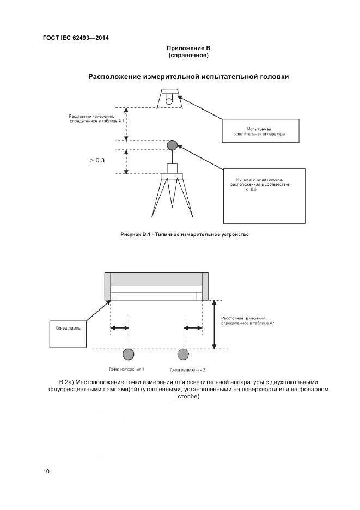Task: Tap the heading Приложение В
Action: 188,48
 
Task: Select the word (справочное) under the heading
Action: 188,55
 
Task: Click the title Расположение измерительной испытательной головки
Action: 188,77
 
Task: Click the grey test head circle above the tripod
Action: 172,145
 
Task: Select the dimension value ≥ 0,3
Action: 97,160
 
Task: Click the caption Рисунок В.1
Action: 184,234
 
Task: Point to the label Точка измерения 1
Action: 126,369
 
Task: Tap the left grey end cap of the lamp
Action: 107,286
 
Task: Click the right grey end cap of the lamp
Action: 205,286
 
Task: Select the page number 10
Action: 46,471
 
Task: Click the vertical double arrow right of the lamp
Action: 214,324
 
